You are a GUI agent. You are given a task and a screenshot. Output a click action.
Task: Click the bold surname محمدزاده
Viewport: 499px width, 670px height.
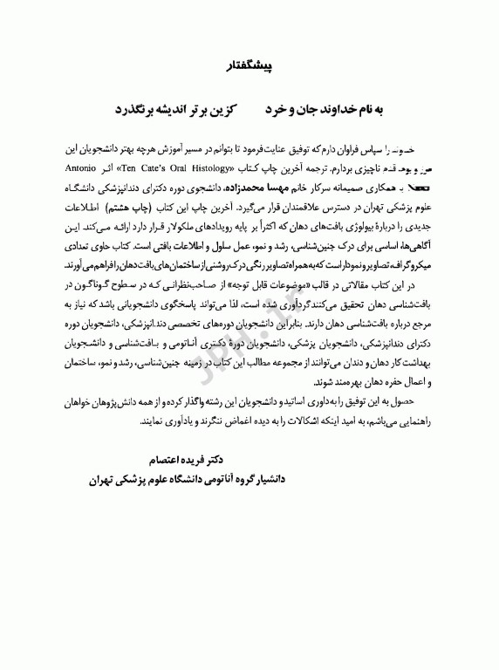pyautogui.click(x=250, y=187)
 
